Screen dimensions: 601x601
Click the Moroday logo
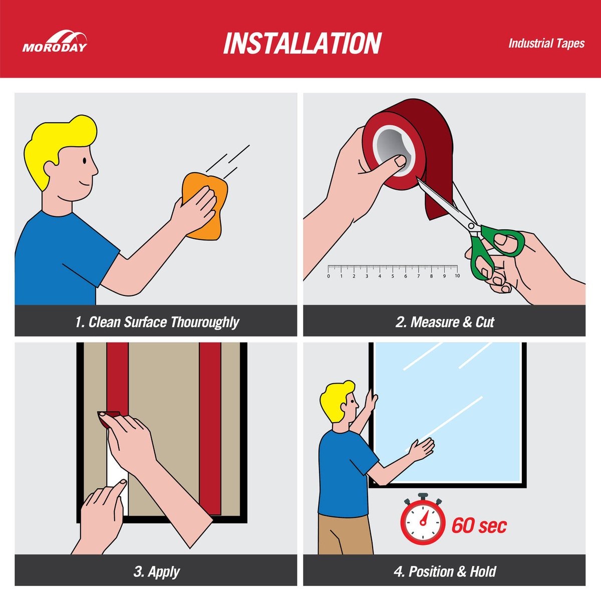pos(55,41)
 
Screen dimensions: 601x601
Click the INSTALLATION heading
pos(302,44)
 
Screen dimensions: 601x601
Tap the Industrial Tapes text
pos(546,44)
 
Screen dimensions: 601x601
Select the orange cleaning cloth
pos(205,206)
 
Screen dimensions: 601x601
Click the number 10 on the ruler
pos(457,275)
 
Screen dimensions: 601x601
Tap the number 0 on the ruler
pos(329,276)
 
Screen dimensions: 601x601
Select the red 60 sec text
pos(479,526)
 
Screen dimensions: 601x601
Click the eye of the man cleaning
pos(85,161)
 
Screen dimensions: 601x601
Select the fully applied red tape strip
pos(210,429)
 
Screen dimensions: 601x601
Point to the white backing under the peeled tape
pos(116,477)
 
